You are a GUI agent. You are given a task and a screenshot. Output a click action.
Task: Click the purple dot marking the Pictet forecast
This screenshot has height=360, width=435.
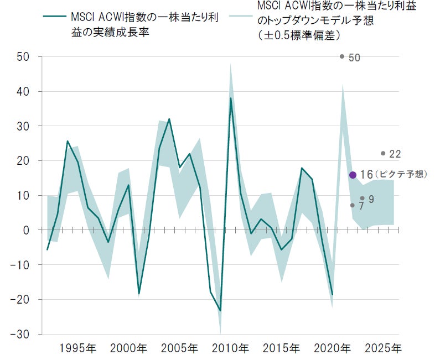[x=353, y=175]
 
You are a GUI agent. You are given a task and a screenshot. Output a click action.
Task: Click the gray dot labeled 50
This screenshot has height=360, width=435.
[x=342, y=56]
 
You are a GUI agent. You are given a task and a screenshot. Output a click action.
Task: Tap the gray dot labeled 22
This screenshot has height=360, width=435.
[x=383, y=153]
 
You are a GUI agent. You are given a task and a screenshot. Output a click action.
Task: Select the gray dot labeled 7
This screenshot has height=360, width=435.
[x=353, y=205]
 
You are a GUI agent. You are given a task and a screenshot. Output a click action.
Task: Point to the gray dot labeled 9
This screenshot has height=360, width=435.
[x=362, y=198]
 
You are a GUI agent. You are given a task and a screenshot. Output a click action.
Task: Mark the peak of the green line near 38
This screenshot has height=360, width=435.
[x=231, y=98]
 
